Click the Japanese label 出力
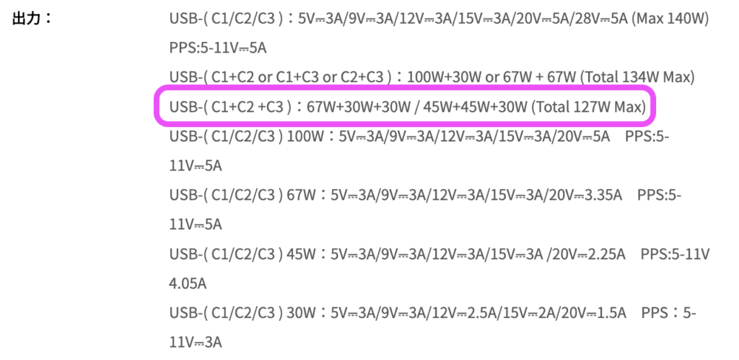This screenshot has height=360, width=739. [x=27, y=19]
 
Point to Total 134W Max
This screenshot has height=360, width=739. [x=637, y=76]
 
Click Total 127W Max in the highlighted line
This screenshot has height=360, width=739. [x=589, y=107]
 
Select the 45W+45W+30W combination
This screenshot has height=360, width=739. [x=475, y=107]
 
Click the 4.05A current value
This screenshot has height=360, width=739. [x=188, y=284]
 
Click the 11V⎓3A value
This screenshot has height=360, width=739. [x=195, y=342]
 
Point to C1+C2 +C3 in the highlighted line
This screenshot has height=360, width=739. [x=248, y=107]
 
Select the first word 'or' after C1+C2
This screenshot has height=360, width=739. [x=266, y=78]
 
